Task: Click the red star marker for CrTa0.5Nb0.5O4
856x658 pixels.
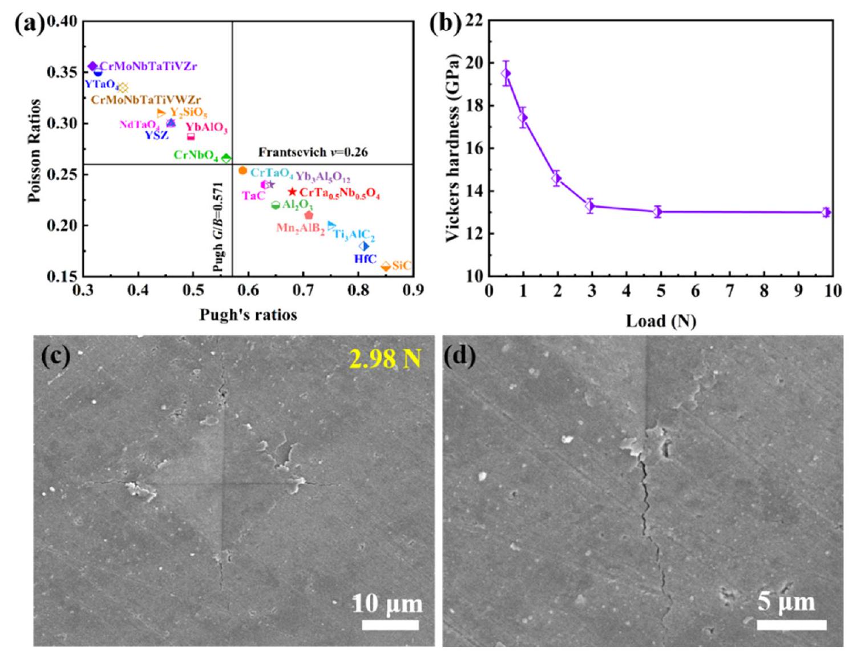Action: pos(293,192)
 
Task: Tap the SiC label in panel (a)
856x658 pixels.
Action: pos(402,265)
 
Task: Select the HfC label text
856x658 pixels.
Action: pos(365,259)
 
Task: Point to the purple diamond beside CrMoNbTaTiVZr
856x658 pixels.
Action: pos(92,66)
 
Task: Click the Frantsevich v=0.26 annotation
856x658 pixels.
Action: pos(313,152)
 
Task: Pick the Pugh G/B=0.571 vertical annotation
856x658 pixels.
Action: pos(218,227)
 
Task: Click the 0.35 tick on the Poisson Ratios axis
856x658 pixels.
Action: pos(62,72)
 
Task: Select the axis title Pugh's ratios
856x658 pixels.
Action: pos(248,314)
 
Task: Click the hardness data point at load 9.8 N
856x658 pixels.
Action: pos(826,212)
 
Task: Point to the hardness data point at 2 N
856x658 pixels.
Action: pos(557,179)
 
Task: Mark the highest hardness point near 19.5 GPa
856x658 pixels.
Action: pos(506,73)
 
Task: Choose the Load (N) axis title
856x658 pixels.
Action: pos(661,321)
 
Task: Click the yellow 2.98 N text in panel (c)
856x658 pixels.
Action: pos(385,358)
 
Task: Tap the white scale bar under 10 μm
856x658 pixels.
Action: pos(390,625)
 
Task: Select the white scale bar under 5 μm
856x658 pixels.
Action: pos(792,625)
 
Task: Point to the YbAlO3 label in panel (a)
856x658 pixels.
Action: pos(207,127)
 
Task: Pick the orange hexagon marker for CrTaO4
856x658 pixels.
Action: pos(243,171)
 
